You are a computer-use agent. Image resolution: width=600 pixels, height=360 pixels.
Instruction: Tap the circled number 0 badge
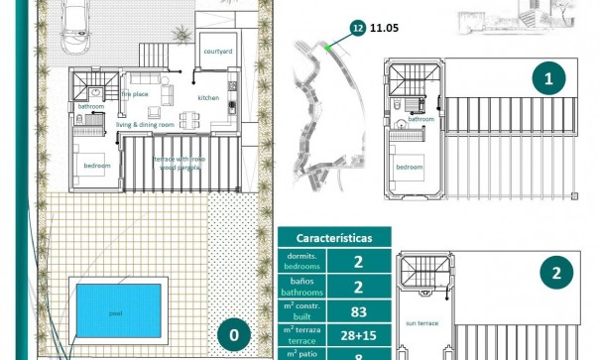click(x=234, y=335)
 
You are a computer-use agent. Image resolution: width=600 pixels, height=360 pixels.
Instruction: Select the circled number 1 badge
click(x=547, y=78)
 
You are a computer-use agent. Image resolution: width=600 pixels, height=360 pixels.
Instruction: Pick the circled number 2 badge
click(x=557, y=275)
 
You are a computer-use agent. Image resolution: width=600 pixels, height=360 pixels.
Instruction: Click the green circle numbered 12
click(x=356, y=30)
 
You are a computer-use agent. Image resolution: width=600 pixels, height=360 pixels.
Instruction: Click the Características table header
click(x=334, y=238)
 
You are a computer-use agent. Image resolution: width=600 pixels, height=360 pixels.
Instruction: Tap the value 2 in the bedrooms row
click(x=359, y=263)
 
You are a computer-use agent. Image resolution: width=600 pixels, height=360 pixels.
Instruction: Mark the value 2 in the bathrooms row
click(x=359, y=288)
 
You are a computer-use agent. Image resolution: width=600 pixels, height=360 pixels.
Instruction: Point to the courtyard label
click(x=218, y=50)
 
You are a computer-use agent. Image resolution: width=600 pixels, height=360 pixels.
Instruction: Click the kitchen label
click(x=208, y=98)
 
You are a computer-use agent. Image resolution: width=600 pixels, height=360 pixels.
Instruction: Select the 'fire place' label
click(x=134, y=94)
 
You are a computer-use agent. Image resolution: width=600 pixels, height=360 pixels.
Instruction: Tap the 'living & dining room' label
click(x=145, y=124)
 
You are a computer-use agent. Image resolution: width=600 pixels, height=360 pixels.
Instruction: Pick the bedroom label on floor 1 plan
click(x=411, y=168)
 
